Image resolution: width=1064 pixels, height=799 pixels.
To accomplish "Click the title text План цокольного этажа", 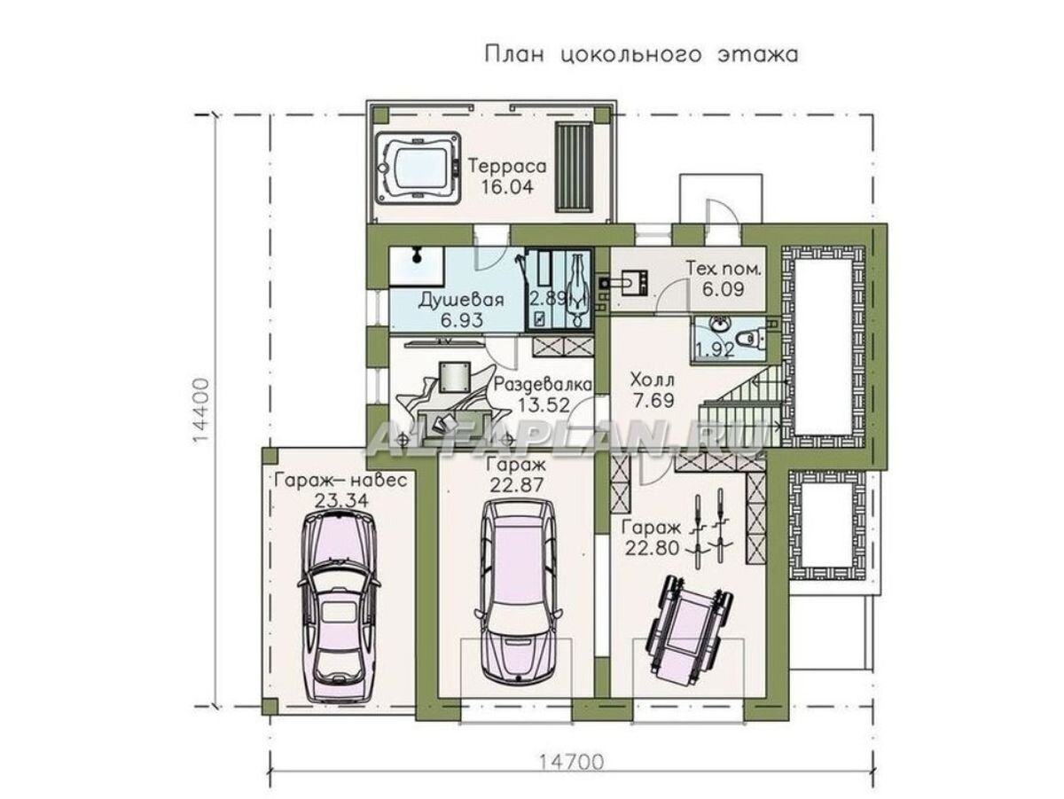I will pyautogui.click(x=641, y=55).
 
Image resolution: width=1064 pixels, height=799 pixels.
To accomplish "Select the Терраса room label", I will pyautogui.click(x=506, y=167).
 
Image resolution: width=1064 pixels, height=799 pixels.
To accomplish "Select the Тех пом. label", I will pyautogui.click(x=715, y=267).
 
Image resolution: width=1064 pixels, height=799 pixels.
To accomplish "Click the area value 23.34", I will pyautogui.click(x=340, y=500).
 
